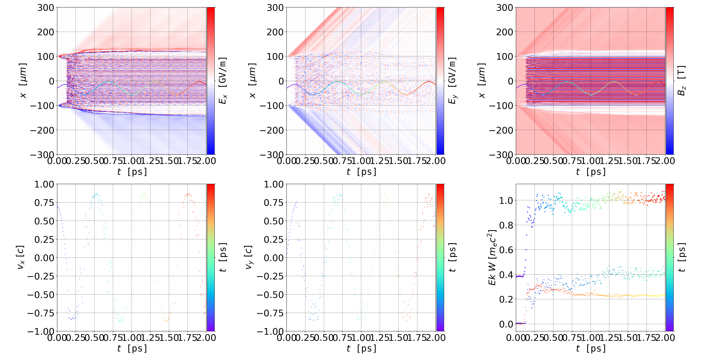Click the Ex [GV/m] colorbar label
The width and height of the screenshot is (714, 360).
pos(223,81)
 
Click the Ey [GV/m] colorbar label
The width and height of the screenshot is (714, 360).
pos(452,81)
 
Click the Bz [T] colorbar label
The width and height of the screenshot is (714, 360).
pos(681,81)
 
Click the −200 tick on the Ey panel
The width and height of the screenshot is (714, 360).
pos(272,130)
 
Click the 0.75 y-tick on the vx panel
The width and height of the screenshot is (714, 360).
pos(44,203)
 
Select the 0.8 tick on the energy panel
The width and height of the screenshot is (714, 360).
pos(506,225)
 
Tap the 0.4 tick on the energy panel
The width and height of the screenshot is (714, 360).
pos(506,275)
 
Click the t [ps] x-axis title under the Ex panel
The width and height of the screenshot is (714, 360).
pos(132,172)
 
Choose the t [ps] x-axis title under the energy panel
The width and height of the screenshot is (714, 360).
pos(591,348)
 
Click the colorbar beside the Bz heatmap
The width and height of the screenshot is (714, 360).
pos(670,81)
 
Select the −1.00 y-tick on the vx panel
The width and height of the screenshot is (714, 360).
pos(41,331)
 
